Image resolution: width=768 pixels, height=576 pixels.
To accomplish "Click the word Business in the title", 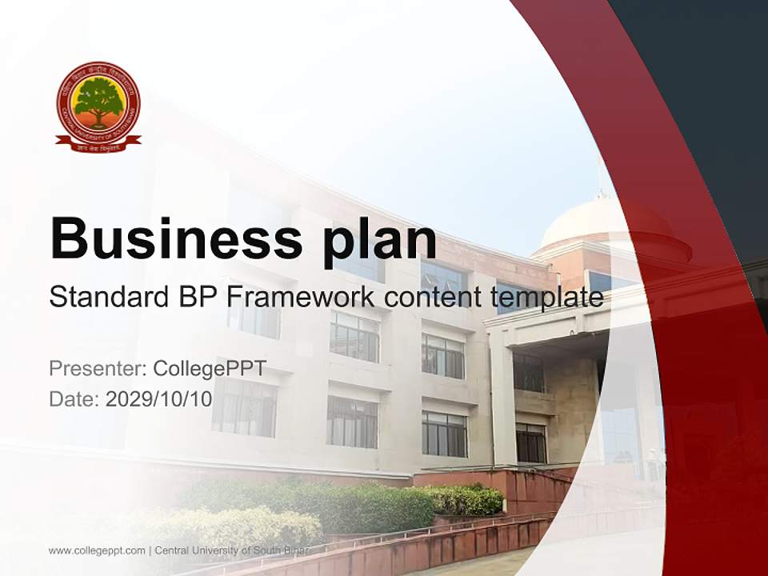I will [164, 238].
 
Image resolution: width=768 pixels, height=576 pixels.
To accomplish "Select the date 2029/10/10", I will [159, 399].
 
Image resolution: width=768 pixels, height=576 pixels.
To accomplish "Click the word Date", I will [74, 399].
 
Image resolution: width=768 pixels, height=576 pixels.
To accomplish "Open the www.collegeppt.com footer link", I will [97, 550].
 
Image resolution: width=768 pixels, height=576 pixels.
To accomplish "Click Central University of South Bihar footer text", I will [232, 550].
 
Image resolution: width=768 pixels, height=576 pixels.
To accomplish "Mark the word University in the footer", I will [217, 550].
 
